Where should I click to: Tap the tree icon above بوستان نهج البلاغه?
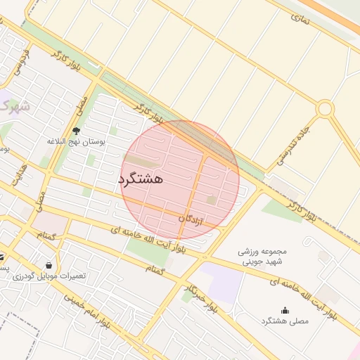click(76, 131)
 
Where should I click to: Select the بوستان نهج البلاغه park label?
click(76, 141)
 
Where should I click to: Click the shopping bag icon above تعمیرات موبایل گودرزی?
click(48, 265)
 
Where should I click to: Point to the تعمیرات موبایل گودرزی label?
click(49, 276)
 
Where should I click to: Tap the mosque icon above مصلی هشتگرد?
click(285, 310)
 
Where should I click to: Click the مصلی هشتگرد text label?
click(285, 321)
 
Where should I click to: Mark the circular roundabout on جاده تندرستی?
click(324, 109)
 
